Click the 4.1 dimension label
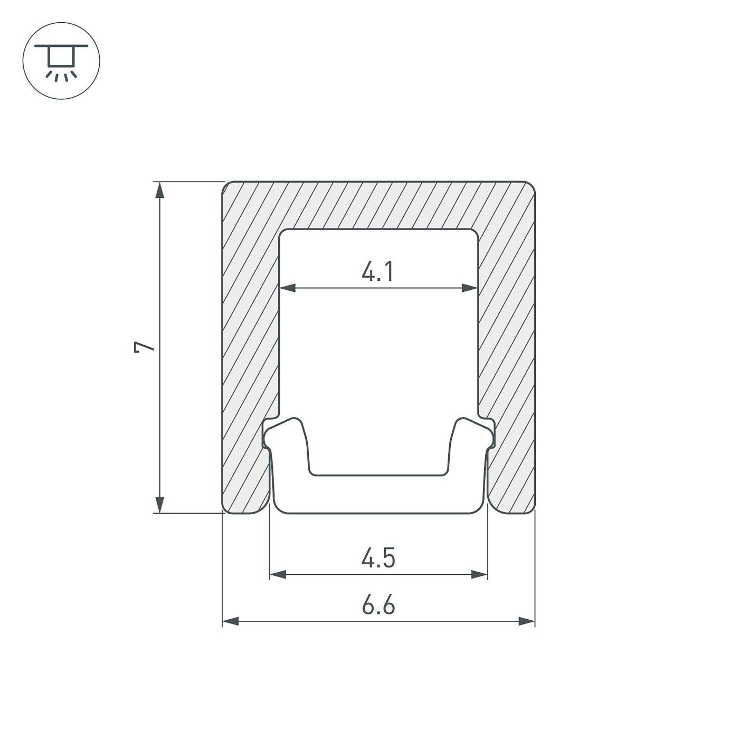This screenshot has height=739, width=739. pyautogui.click(x=378, y=271)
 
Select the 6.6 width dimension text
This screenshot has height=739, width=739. pyautogui.click(x=378, y=605)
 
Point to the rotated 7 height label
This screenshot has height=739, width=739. pyautogui.click(x=144, y=347)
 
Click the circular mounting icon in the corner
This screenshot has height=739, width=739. pyautogui.click(x=61, y=61)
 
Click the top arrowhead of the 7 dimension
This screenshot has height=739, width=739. pyautogui.click(x=159, y=190)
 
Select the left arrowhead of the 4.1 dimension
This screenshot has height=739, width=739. pyautogui.click(x=288, y=288)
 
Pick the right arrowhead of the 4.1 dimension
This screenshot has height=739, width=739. pyautogui.click(x=470, y=288)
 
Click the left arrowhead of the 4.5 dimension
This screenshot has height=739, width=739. pyautogui.click(x=278, y=574)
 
